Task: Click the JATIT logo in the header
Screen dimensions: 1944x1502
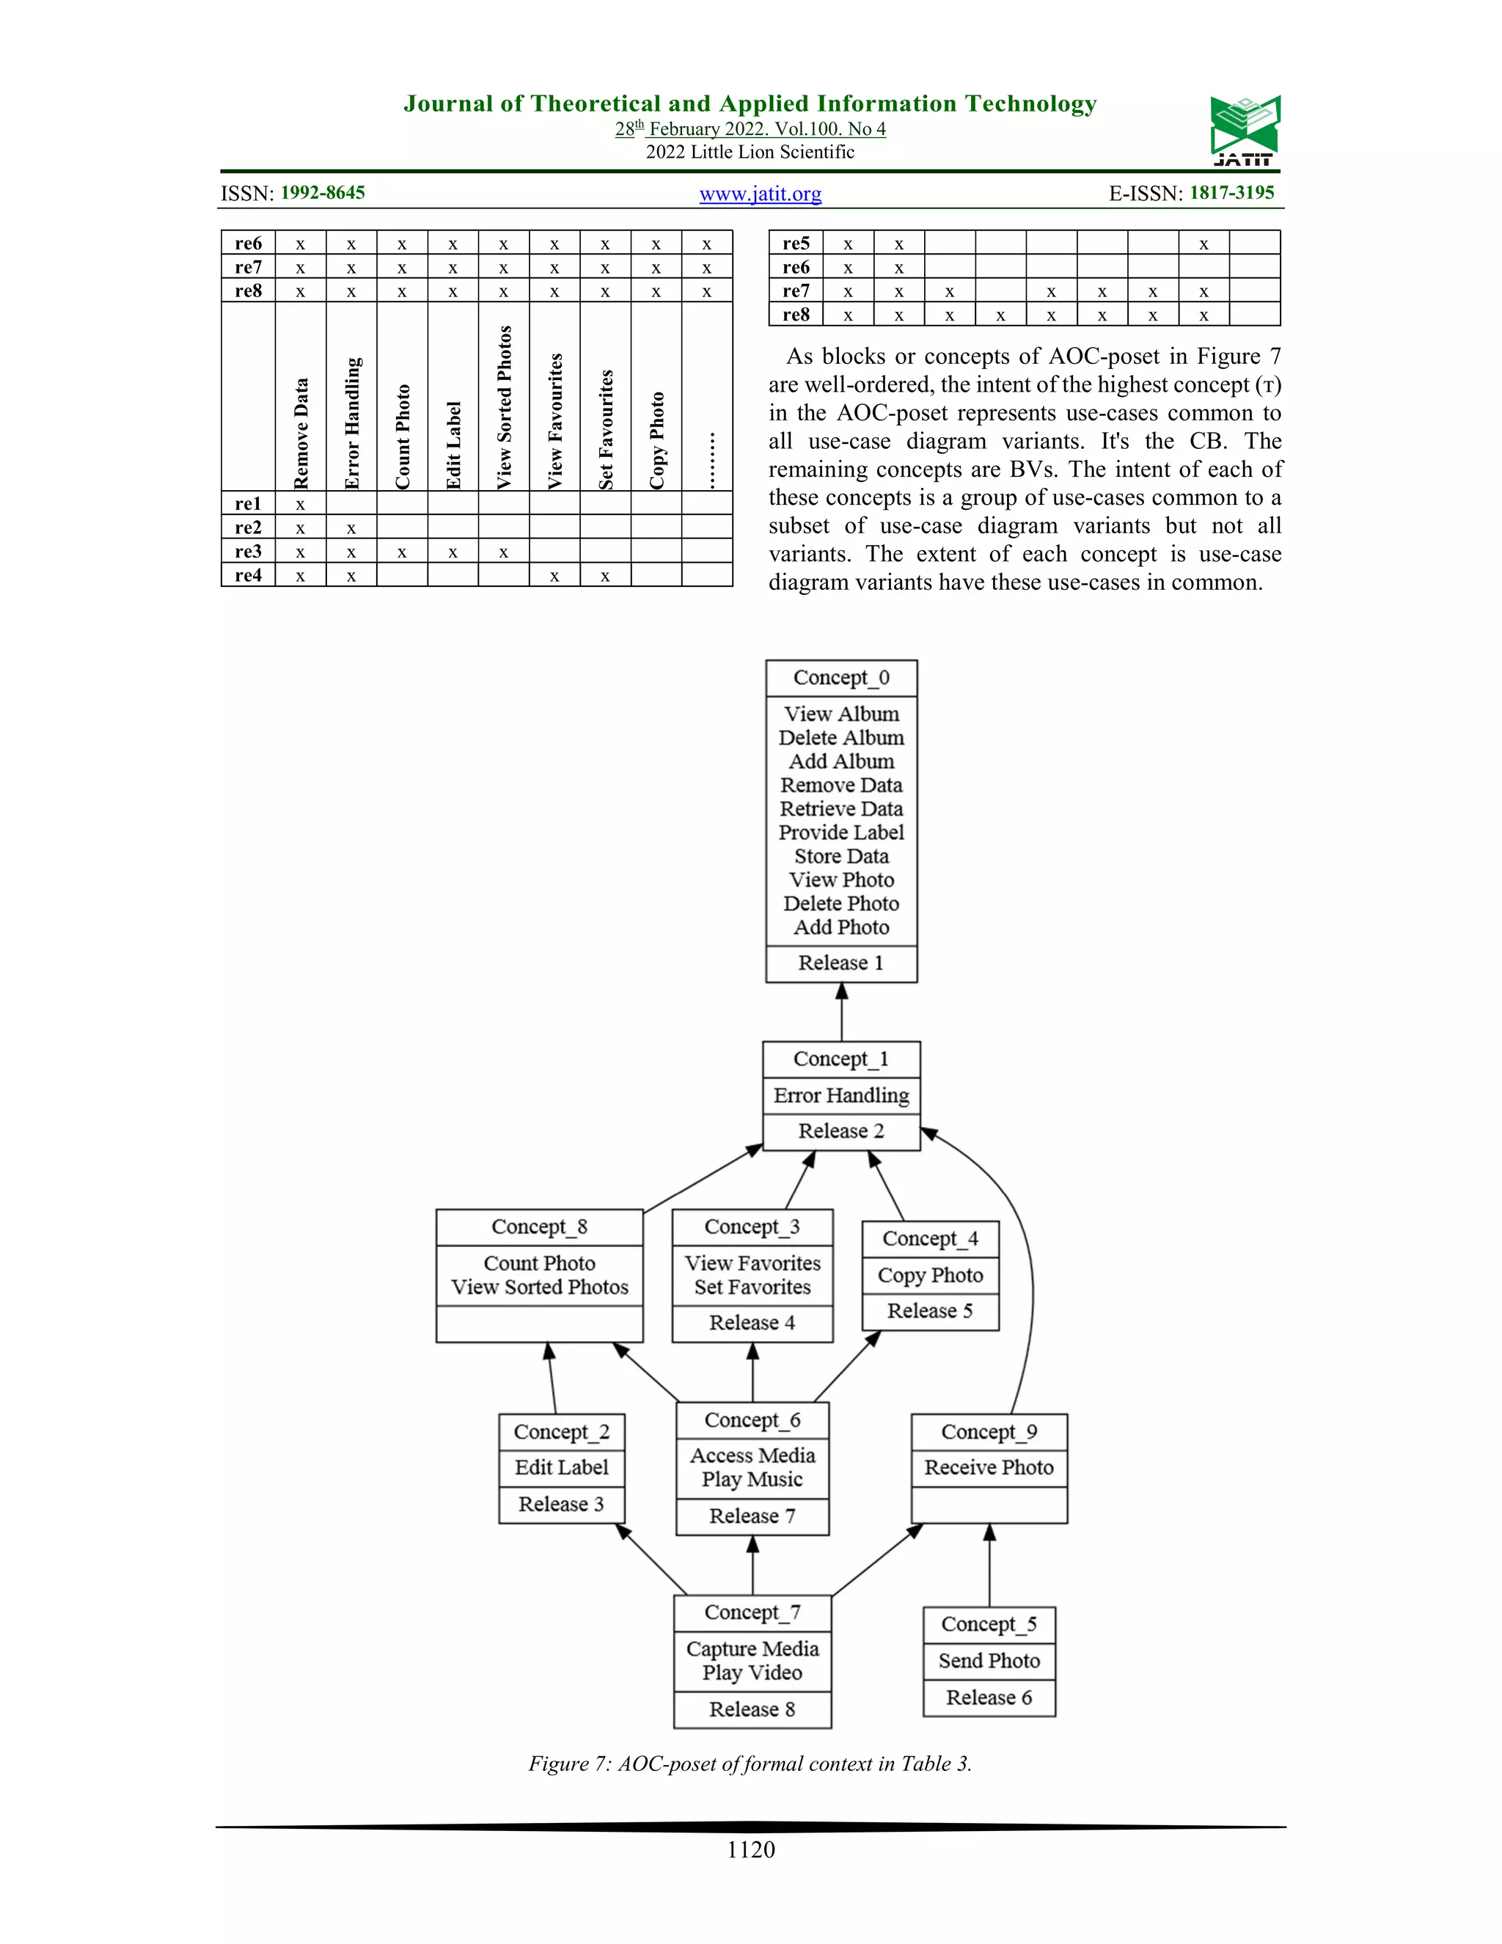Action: tap(1244, 130)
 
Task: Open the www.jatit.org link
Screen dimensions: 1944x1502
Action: tap(760, 194)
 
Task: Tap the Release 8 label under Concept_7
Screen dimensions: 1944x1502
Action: tap(752, 1709)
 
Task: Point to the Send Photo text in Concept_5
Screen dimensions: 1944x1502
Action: tap(989, 1660)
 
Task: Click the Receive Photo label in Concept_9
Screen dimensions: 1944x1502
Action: tap(989, 1467)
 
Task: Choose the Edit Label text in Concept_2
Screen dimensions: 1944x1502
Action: tap(562, 1467)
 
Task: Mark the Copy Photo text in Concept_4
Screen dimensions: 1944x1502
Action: tap(930, 1275)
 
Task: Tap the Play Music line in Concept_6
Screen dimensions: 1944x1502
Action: tap(752, 1480)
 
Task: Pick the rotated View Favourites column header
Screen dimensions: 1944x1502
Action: tap(555, 421)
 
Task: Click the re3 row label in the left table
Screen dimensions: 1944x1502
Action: tap(249, 552)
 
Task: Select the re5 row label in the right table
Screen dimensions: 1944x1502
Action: tap(796, 243)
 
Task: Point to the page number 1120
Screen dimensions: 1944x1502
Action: tap(751, 1849)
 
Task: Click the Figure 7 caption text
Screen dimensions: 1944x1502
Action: tap(750, 1764)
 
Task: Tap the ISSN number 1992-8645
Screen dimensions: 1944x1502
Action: tap(322, 193)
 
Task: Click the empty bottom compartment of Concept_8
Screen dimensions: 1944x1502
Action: tap(539, 1323)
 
